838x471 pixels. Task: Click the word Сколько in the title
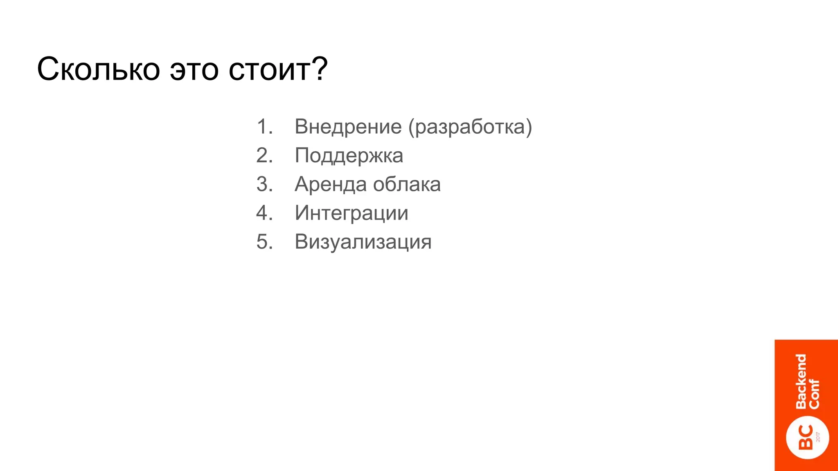click(x=98, y=69)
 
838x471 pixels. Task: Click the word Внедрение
click(x=348, y=126)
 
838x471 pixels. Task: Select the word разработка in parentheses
click(x=470, y=127)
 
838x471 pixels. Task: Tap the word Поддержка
click(x=349, y=156)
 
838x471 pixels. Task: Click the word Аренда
click(x=330, y=184)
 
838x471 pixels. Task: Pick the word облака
click(x=407, y=184)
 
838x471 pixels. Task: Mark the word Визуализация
click(x=363, y=242)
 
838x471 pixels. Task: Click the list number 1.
click(x=264, y=126)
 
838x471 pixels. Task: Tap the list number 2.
click(x=264, y=155)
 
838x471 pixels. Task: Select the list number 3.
click(x=264, y=184)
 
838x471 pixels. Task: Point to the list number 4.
click(x=264, y=213)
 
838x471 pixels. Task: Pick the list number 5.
click(x=264, y=242)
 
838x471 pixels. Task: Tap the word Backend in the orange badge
click(x=801, y=381)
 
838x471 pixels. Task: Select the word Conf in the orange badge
click(x=814, y=394)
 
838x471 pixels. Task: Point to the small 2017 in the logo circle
click(x=818, y=437)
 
